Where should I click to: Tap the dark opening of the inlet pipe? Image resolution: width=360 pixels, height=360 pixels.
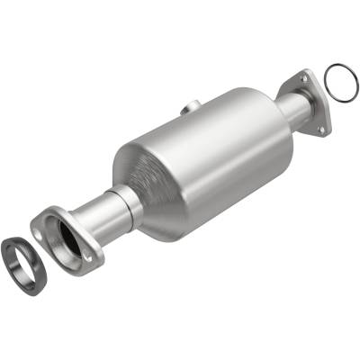(x=69, y=238)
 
